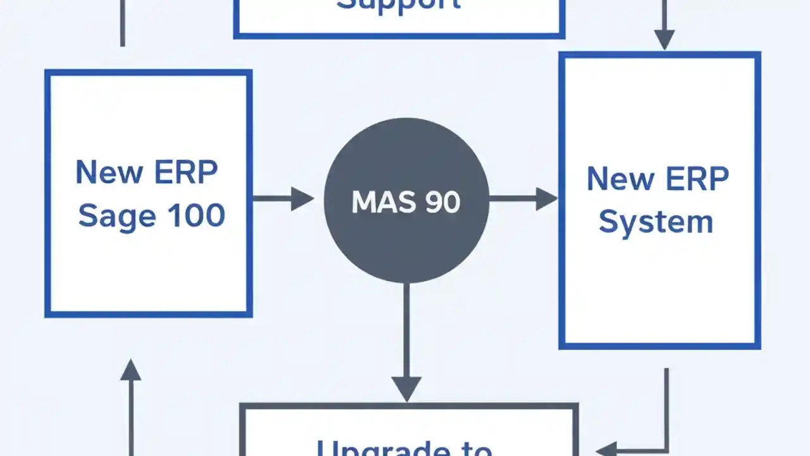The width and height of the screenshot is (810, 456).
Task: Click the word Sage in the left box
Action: (117, 217)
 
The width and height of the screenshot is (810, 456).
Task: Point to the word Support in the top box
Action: (399, 5)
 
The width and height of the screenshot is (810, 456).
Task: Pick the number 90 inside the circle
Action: (442, 201)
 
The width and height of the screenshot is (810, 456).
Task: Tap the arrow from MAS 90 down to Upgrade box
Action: (406, 342)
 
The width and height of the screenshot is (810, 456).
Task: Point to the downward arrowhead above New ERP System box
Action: (664, 39)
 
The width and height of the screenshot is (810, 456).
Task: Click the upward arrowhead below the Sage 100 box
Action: (130, 370)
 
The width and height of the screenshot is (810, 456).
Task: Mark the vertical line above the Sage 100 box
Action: (123, 22)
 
